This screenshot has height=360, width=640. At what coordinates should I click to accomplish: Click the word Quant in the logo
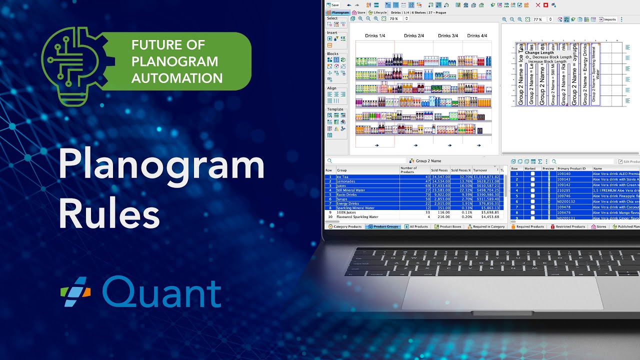161,292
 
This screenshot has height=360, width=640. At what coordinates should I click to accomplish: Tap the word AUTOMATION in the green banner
177,78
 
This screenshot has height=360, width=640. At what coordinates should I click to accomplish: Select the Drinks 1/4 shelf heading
375,36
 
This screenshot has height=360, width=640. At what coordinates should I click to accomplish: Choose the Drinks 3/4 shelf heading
448,36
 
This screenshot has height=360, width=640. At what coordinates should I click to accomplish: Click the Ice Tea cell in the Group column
342,177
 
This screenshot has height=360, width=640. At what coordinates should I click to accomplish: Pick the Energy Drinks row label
348,203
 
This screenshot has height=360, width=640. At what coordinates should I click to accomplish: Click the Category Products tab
344,226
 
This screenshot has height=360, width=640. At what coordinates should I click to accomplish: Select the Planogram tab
338,12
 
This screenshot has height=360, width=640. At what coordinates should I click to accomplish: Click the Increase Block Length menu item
547,61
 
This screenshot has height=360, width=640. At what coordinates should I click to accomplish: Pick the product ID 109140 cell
564,174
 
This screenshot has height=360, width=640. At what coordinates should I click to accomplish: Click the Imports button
607,19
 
